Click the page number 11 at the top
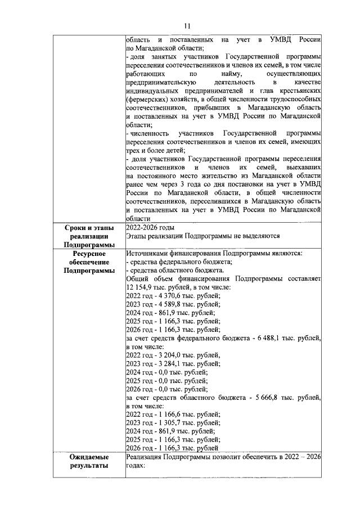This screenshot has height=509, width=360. click(187, 25)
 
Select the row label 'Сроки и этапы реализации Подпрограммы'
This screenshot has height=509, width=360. click(89, 236)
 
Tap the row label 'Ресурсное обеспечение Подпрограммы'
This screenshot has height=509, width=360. click(89, 262)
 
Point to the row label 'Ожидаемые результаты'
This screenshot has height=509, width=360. click(89, 462)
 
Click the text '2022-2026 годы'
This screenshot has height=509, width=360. click(150, 228)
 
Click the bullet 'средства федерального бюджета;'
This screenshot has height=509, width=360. click(180, 262)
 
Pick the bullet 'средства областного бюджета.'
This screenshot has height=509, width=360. click(176, 271)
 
